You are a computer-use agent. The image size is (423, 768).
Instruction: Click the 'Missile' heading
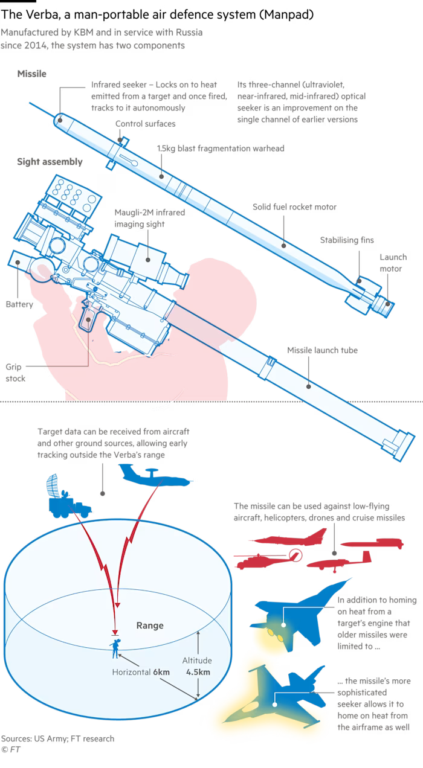[x=32, y=74]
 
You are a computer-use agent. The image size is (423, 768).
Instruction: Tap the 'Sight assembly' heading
[x=50, y=162]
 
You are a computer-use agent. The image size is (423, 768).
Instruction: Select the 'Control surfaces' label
[x=146, y=124]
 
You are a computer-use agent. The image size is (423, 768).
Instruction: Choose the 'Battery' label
[x=19, y=304]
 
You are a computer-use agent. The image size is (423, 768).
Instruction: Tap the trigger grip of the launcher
[x=89, y=316]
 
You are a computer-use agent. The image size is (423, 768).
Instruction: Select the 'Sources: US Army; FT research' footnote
[x=57, y=738]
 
